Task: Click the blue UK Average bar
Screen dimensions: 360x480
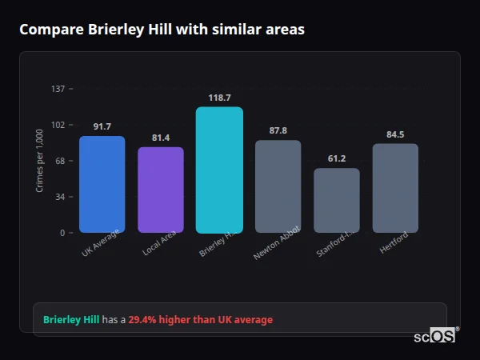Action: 102,185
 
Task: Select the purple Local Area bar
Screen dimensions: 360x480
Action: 161,190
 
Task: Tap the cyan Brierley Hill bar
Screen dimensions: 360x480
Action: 219,170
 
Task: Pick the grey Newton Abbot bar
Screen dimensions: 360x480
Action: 278,187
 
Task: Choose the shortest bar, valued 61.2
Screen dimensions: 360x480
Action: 337,201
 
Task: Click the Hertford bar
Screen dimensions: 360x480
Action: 395,189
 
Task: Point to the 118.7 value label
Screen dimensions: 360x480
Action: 219,98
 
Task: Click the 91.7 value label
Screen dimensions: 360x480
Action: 102,126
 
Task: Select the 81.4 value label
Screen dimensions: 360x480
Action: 161,138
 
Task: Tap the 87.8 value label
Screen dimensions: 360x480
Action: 278,130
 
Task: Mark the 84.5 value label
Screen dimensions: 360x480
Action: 395,134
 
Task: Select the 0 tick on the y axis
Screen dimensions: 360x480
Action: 62,233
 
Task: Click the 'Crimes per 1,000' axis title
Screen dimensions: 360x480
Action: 40,161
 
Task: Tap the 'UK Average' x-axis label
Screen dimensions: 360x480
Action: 101,243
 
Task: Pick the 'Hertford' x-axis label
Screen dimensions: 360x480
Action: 394,242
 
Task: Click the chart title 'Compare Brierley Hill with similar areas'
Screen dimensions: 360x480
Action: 162,29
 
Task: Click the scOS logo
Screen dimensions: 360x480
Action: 435,337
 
